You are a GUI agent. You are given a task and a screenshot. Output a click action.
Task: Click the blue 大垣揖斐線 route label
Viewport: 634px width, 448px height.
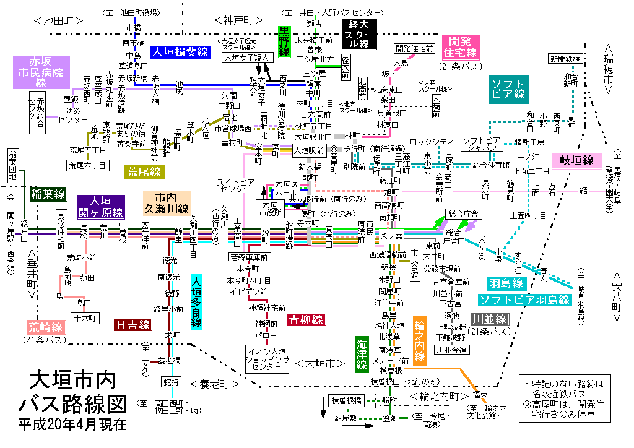(x=180, y=52)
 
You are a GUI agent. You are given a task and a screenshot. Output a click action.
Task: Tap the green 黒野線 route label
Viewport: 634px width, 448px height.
(x=284, y=41)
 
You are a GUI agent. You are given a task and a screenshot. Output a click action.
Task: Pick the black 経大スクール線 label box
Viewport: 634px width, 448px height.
(x=358, y=34)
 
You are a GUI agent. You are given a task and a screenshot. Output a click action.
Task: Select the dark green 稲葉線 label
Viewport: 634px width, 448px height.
(x=48, y=194)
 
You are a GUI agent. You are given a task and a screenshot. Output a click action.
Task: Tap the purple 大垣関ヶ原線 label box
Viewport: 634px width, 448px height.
(x=101, y=207)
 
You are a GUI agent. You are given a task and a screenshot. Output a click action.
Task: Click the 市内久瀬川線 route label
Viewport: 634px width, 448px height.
(x=167, y=203)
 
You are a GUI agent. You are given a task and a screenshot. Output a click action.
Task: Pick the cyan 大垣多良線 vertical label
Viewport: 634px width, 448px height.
(x=196, y=303)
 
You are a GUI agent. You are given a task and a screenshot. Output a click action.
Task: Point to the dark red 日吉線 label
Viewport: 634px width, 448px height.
(x=132, y=325)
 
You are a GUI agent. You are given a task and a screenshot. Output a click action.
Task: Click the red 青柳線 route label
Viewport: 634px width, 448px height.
(x=305, y=320)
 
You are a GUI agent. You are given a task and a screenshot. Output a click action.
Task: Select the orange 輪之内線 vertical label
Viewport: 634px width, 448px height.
(x=420, y=341)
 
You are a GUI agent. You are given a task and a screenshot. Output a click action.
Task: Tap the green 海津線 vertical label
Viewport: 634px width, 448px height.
(x=362, y=354)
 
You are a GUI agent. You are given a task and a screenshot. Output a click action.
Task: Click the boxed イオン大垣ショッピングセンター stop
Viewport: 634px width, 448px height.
(x=267, y=359)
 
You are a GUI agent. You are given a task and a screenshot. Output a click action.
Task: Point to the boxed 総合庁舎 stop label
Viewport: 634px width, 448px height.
(x=463, y=213)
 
